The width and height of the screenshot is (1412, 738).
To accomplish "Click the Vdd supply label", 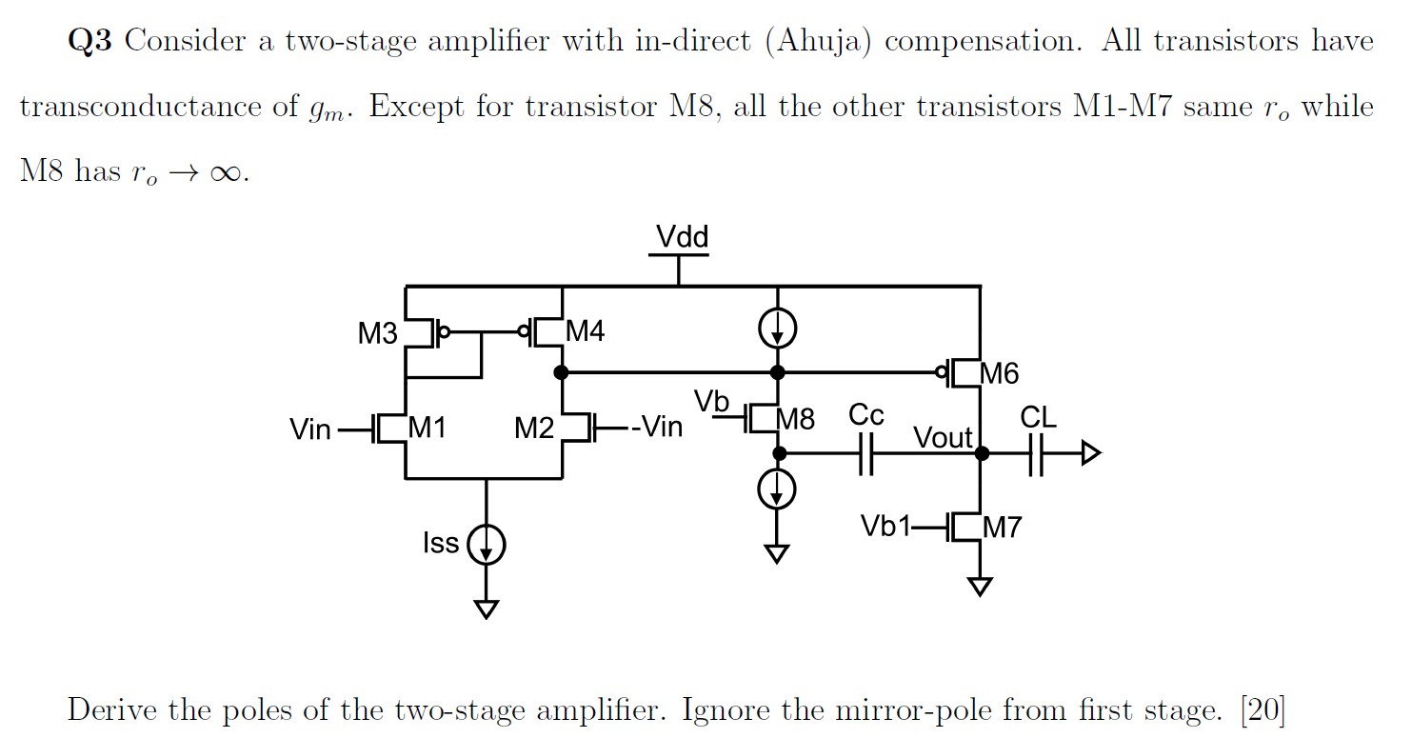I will (682, 237).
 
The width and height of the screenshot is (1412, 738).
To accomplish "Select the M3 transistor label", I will (377, 334).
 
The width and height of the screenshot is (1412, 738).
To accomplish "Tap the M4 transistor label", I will (585, 331).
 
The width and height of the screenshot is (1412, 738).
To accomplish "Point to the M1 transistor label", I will (428, 429).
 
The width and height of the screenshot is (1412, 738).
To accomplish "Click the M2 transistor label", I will (534, 429).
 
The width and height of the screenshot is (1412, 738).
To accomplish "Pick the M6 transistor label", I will (999, 374).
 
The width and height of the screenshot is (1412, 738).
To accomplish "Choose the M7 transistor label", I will (1002, 527).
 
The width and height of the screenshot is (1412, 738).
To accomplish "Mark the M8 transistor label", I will (796, 419).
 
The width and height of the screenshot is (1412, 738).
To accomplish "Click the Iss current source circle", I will (487, 546).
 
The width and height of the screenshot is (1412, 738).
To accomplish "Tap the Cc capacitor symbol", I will (865, 454).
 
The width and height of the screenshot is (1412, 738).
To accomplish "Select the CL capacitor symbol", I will (1037, 454).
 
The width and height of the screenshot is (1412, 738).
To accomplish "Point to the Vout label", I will (943, 438).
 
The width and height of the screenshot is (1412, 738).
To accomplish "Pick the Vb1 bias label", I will (885, 527).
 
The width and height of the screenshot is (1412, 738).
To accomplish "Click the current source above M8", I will (778, 329).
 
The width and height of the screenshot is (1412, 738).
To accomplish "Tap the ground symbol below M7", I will (980, 587).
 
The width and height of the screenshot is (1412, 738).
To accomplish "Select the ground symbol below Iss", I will (487, 609).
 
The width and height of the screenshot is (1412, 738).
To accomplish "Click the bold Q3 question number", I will (90, 42).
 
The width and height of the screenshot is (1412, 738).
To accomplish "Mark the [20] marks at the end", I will (1263, 710).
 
